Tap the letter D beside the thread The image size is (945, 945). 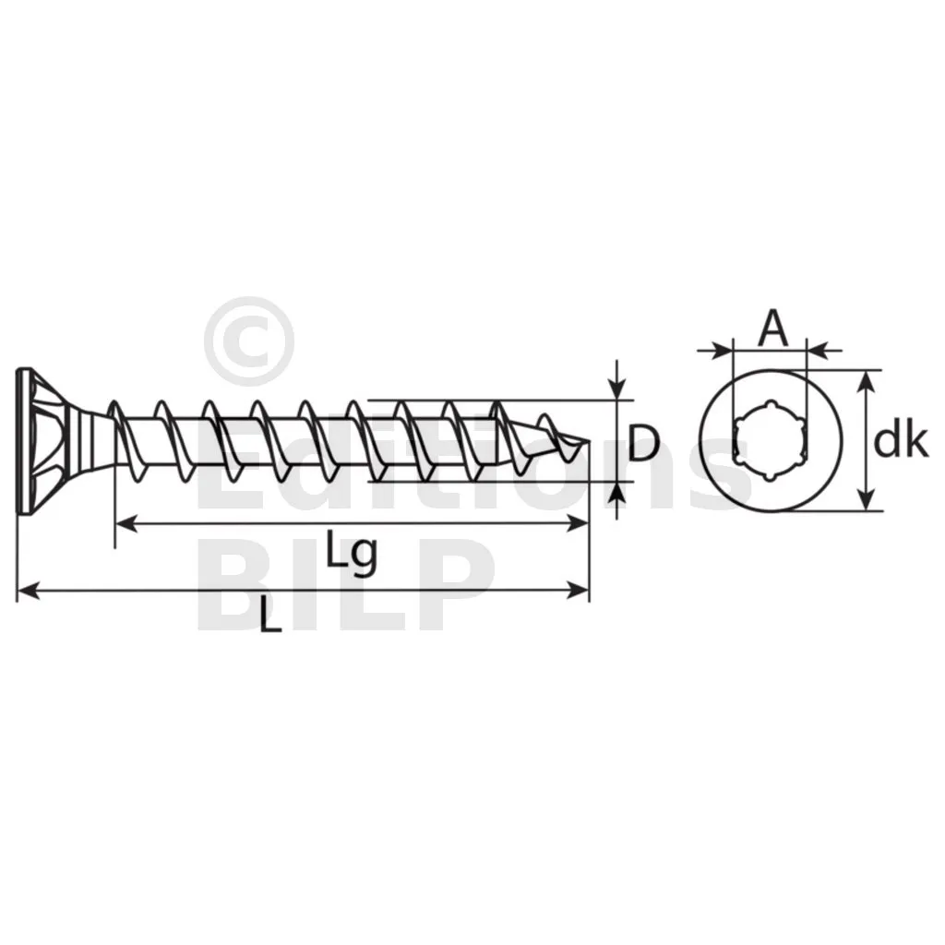(643, 443)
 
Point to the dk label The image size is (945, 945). (901, 442)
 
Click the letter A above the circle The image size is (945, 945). (772, 330)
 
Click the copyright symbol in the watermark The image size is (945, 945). (249, 341)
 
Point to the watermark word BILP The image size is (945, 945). (348, 584)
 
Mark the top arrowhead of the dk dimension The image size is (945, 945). (866, 382)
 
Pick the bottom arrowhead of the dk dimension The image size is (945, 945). (866, 498)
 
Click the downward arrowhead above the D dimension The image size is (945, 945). (616, 388)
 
